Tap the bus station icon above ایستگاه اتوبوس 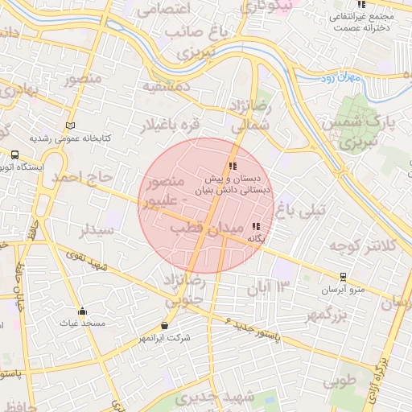[x=15, y=155]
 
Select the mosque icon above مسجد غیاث [x=81, y=311]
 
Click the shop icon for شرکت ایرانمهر [x=165, y=326]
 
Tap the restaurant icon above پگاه [x=256, y=227]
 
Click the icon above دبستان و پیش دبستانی [x=233, y=166]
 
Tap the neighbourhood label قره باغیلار [x=170, y=126]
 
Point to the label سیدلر [x=98, y=231]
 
